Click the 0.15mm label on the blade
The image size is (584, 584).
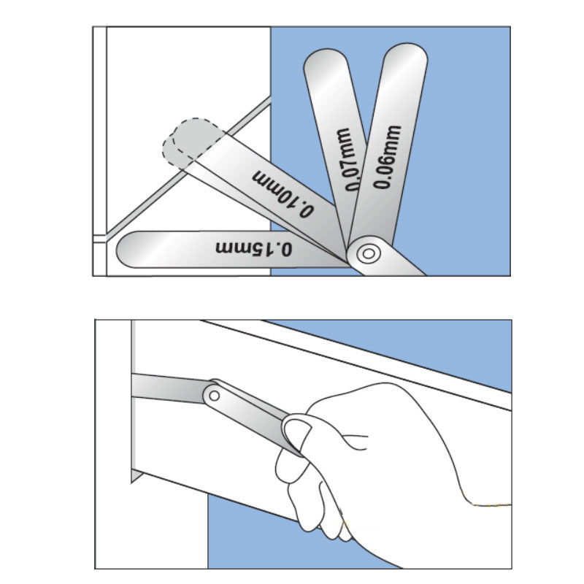254,247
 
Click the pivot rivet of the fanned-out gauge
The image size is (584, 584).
366,254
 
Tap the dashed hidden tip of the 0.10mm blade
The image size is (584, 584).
186,141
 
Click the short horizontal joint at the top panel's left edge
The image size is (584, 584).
99,237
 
